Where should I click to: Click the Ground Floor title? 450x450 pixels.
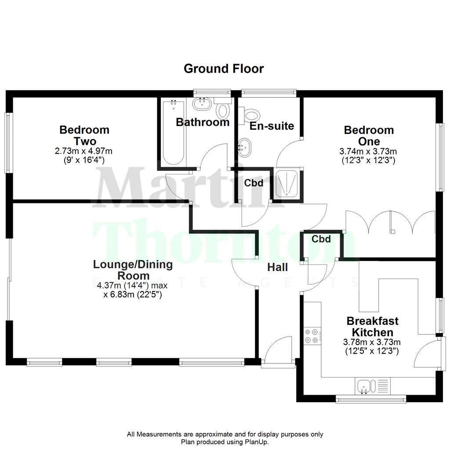point(224,69)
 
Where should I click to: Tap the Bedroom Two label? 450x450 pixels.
point(84,135)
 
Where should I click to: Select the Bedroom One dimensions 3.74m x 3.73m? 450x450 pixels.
point(368,152)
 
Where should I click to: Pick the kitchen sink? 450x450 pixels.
point(364,386)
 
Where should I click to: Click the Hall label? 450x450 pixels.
point(278,267)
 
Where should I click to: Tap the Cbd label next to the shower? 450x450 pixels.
point(254,183)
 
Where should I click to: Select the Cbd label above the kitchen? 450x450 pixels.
point(321,239)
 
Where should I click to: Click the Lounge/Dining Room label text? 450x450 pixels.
point(133,270)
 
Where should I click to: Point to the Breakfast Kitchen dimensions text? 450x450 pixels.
point(371,346)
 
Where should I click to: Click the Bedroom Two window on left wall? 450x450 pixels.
point(7,143)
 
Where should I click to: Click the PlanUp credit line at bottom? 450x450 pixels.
point(225,442)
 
